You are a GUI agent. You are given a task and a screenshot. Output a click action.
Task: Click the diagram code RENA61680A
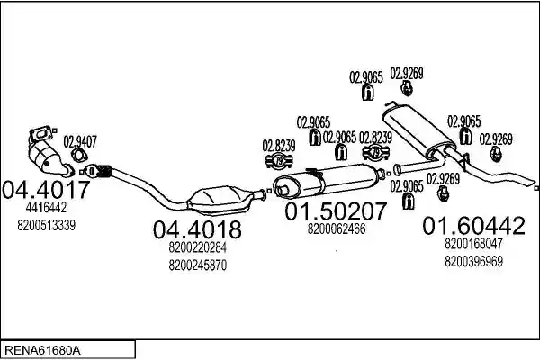pyautogui.click(x=42, y=351)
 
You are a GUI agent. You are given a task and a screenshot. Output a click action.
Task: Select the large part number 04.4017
pyautogui.click(x=46, y=190)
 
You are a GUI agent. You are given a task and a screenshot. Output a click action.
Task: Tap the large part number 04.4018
pyautogui.click(x=197, y=229)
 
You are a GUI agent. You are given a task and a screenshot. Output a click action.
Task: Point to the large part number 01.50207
pyautogui.click(x=336, y=211)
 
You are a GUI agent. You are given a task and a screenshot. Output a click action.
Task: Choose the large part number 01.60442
pyautogui.click(x=474, y=226)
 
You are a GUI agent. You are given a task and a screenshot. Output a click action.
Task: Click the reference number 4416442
pyautogui.click(x=46, y=207)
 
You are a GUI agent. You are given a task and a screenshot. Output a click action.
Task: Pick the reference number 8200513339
pyautogui.click(x=47, y=226)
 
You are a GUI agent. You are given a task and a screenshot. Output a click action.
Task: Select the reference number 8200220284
pyautogui.click(x=198, y=247)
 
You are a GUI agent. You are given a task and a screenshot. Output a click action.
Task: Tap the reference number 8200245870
pyautogui.click(x=198, y=265)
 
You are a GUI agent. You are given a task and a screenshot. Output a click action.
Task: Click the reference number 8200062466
pyautogui.click(x=337, y=229)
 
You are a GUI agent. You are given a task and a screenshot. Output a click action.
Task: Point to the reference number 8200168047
pyautogui.click(x=474, y=243)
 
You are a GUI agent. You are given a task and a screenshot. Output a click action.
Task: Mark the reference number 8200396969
pyautogui.click(x=474, y=262)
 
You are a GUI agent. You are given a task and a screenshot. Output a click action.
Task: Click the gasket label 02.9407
pyautogui.click(x=80, y=141)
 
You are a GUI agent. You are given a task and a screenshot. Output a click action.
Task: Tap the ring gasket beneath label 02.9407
pyautogui.click(x=79, y=156)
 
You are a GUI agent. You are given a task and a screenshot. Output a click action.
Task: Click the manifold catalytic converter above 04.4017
pyautogui.click(x=47, y=151)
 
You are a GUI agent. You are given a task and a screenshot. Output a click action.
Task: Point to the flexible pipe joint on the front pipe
pyautogui.click(x=104, y=171)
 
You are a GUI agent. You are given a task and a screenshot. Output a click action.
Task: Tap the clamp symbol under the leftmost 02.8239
pyautogui.click(x=279, y=161)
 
